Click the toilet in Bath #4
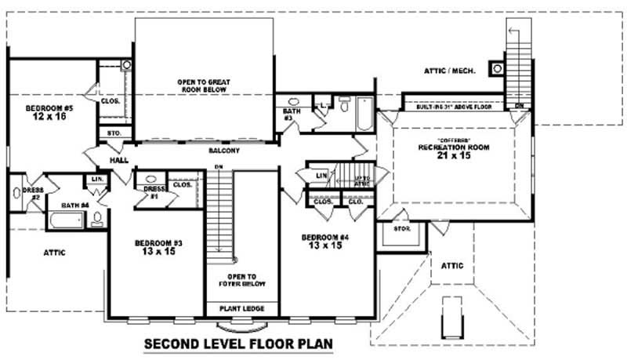point(96,219)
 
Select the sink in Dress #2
point(16,193)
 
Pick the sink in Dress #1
point(152,179)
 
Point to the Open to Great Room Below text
point(202,85)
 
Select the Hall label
point(119,159)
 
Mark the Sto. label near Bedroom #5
point(114,133)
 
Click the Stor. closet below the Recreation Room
point(401,230)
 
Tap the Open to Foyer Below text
point(241,280)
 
